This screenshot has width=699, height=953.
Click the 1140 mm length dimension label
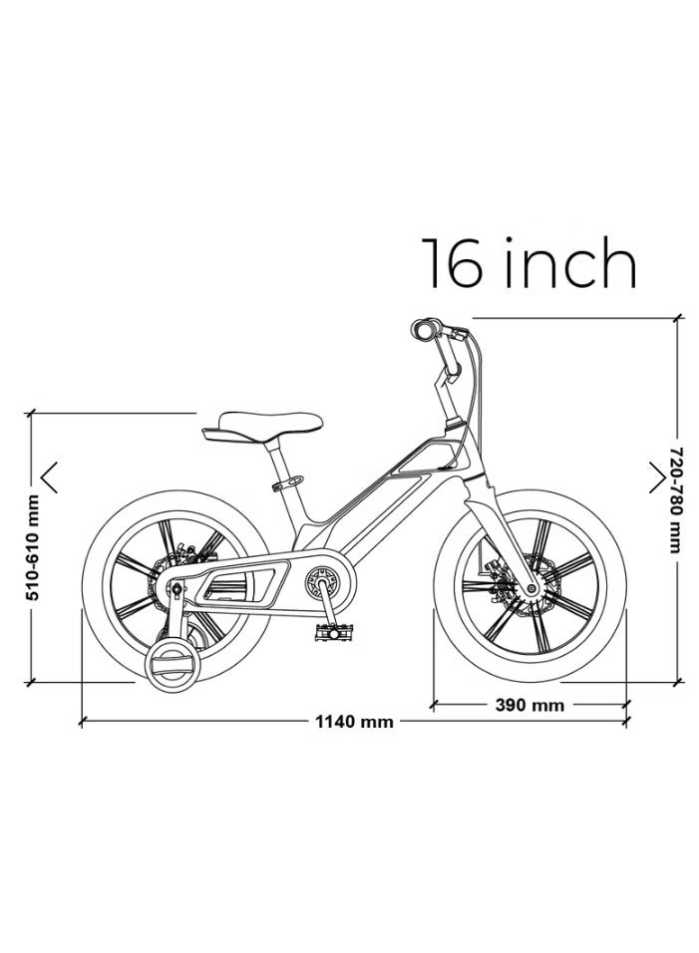point(354,722)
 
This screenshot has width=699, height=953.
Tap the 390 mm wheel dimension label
point(529,705)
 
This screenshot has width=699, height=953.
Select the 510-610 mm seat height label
point(33,547)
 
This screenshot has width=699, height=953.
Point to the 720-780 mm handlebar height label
point(676,500)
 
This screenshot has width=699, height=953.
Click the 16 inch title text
point(528,262)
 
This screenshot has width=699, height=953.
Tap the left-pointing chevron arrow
point(50,476)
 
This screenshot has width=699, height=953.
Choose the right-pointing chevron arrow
point(657,476)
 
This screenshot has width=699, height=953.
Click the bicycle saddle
point(262,428)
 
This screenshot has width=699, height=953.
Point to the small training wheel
point(173,663)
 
